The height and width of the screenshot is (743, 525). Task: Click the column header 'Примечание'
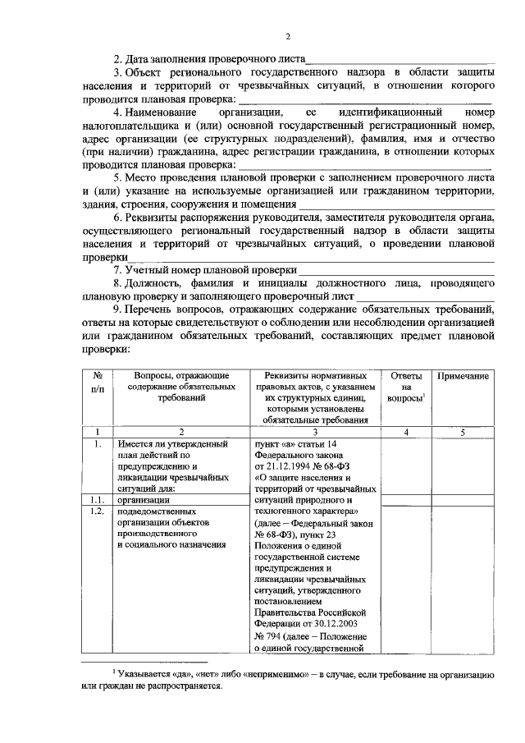tap(463, 375)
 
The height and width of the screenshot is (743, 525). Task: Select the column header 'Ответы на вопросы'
tap(406, 387)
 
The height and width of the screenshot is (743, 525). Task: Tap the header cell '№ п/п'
tap(97, 381)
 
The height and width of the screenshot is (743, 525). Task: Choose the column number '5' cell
tap(463, 431)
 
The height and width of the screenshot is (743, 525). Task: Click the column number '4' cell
tap(406, 431)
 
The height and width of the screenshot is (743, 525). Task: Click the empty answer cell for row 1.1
tap(406, 498)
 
